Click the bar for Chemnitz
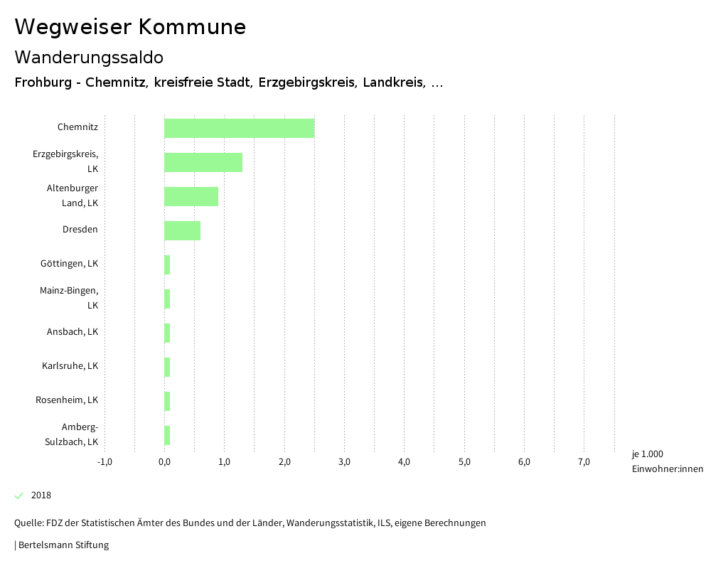(239, 128)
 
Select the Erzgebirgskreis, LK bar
(203, 162)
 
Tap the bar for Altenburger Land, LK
(191, 196)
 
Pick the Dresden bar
(182, 230)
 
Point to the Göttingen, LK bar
(167, 264)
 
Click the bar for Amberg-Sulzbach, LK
(167, 435)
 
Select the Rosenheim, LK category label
(67, 400)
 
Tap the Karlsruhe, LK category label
(70, 365)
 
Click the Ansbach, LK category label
(72, 331)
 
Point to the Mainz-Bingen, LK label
(69, 297)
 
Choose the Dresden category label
(80, 229)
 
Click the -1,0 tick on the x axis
(105, 462)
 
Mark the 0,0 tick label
(164, 462)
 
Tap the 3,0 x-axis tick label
(344, 462)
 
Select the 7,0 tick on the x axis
(584, 462)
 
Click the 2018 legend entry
(41, 495)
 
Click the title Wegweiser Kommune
(130, 27)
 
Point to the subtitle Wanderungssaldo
(89, 57)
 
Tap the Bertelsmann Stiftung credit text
(63, 545)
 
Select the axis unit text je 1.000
(647, 454)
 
